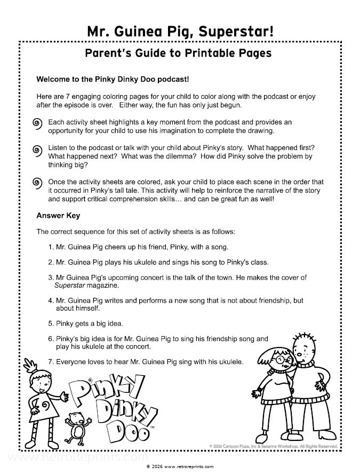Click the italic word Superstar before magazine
click(x=72, y=286)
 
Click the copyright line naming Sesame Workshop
click(x=271, y=445)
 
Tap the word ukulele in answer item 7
click(x=229, y=361)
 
